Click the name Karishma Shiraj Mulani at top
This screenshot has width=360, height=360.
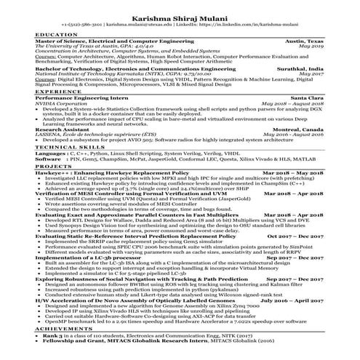179,15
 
